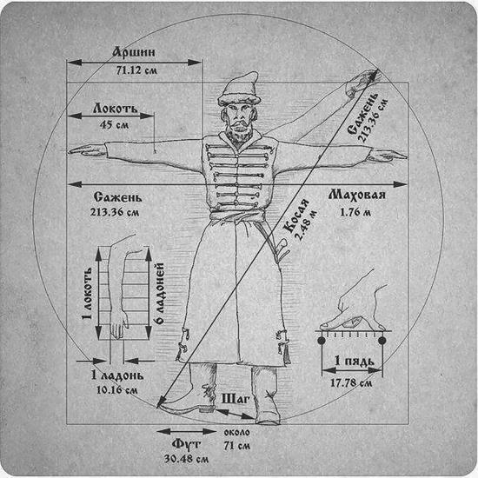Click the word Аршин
click(134, 52)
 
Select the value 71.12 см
click(136, 70)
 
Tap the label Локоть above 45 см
click(116, 109)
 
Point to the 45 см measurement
click(114, 124)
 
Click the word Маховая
click(356, 195)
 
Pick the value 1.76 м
click(355, 212)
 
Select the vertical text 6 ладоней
click(161, 293)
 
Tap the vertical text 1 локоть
click(87, 293)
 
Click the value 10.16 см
click(117, 390)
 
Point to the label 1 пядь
click(355, 361)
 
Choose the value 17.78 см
click(351, 382)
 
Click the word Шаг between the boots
click(236, 398)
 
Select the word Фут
click(186, 443)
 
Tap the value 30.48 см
click(187, 459)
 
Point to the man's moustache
click(239, 123)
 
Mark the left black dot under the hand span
click(321, 340)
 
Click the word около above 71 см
click(237, 432)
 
